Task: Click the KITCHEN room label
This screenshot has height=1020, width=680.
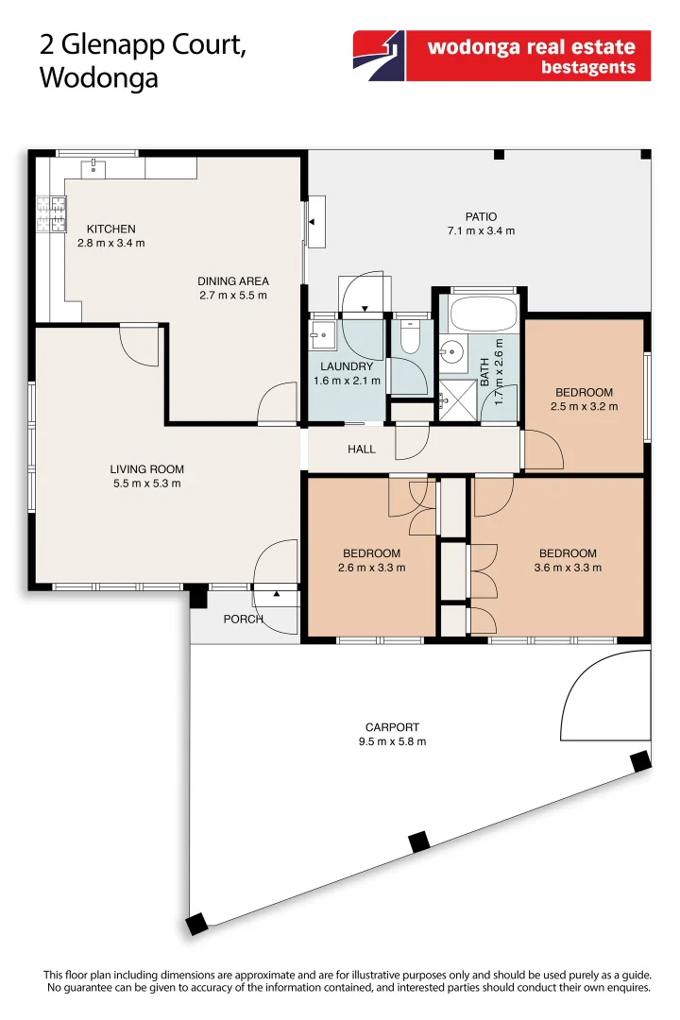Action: click(111, 229)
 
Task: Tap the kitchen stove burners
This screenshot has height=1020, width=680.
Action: click(51, 213)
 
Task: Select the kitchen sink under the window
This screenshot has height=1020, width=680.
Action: click(94, 168)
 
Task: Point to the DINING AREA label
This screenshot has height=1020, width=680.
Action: click(233, 280)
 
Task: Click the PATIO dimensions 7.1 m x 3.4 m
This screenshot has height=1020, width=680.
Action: click(481, 231)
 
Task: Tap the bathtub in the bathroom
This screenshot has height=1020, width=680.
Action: click(481, 313)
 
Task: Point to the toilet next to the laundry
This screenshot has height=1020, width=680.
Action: click(410, 338)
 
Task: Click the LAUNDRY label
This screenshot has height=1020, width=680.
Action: click(347, 366)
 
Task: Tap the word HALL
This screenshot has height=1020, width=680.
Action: click(362, 450)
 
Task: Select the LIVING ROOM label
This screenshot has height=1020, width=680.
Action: click(146, 469)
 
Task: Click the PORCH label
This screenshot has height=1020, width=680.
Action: click(243, 620)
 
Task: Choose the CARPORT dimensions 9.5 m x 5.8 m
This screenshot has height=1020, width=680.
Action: click(392, 741)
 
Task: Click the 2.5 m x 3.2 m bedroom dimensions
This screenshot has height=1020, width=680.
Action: click(584, 407)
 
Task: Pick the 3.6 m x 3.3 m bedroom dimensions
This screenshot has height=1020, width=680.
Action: click(568, 568)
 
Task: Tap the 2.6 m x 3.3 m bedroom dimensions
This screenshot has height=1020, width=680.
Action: click(371, 568)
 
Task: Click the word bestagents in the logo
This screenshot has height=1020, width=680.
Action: click(588, 68)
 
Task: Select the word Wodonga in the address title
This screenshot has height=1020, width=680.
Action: click(98, 78)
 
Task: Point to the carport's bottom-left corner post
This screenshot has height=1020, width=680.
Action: click(197, 924)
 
